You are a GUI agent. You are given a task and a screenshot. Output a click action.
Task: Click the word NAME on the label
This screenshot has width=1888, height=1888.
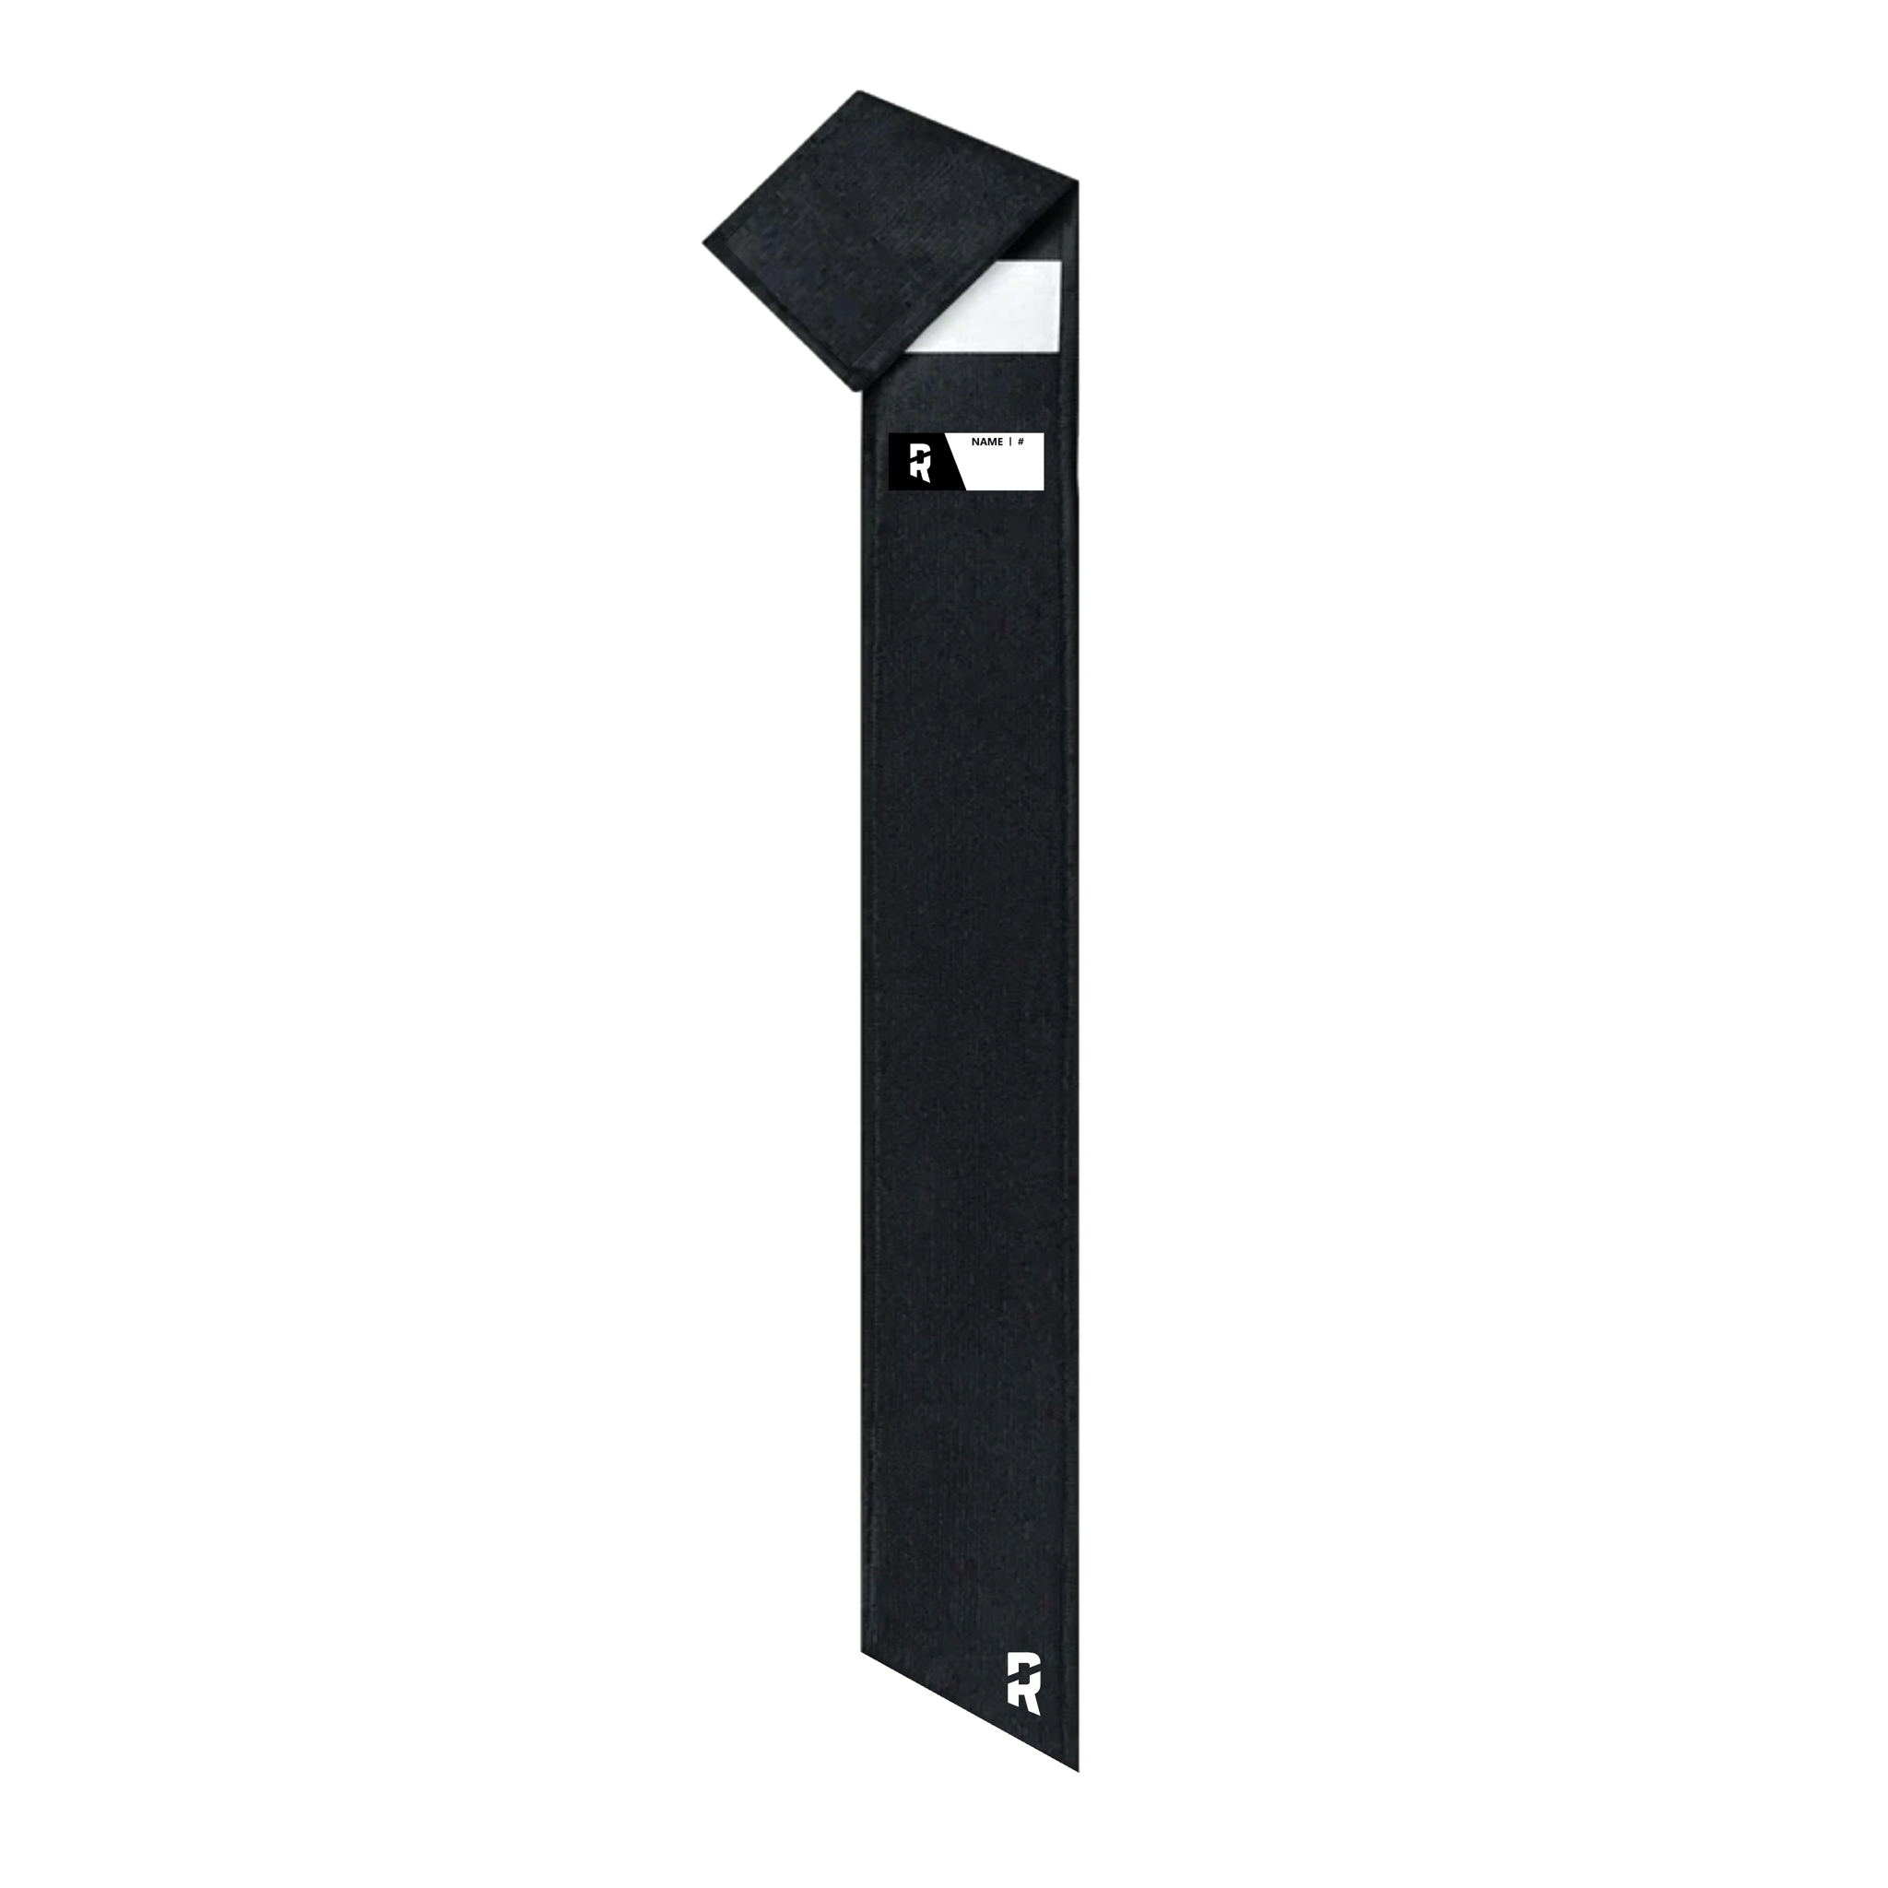point(987,442)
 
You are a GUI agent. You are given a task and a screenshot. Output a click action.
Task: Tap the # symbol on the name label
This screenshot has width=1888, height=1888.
point(1021,442)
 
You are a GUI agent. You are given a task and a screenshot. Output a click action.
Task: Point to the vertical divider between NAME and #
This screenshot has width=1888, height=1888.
point(1009,442)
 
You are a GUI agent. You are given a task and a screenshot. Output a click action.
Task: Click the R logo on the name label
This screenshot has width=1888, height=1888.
point(919,461)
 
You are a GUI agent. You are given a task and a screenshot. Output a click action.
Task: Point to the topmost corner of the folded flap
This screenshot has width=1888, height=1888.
point(859,92)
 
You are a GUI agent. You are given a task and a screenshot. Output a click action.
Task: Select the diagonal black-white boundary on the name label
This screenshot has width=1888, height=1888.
point(954,461)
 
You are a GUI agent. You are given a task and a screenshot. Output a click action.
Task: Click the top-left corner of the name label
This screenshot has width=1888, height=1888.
point(890,434)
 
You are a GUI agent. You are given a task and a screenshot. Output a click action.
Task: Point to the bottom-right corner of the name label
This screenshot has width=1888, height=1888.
point(1044,488)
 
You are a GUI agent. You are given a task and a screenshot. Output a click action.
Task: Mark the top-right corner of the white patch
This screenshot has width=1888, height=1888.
point(1060,261)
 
